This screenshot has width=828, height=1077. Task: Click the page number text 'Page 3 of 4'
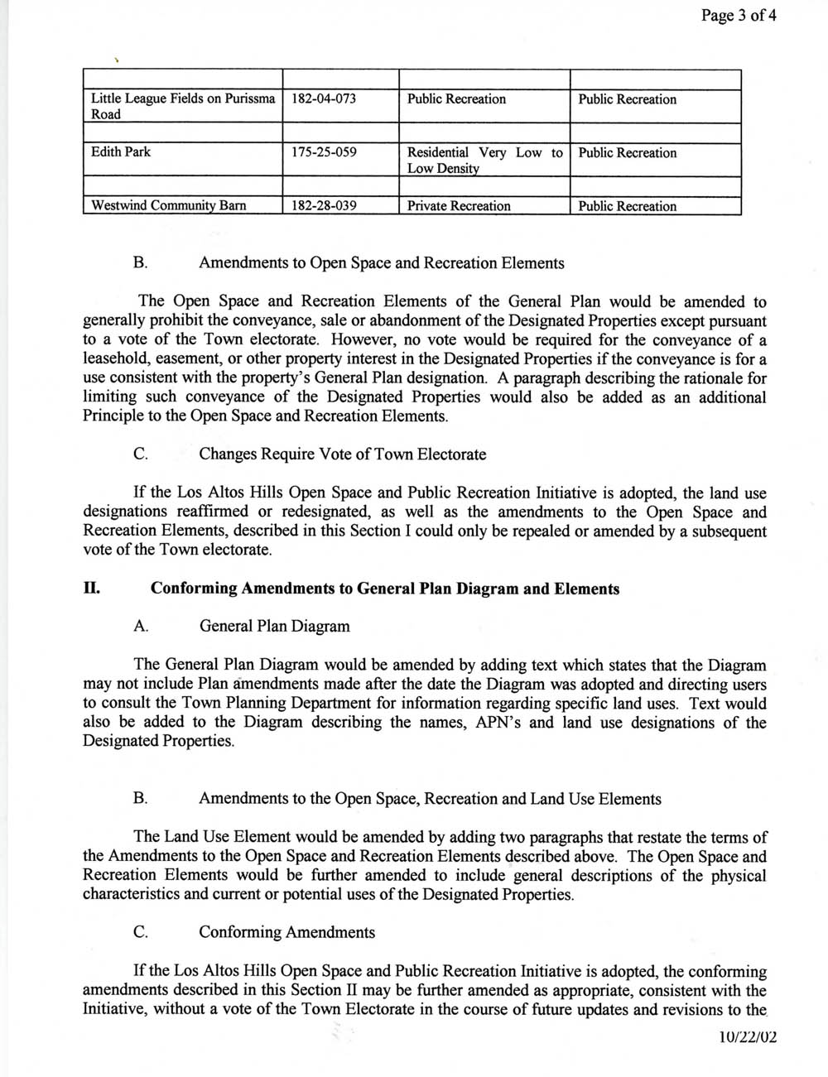(739, 16)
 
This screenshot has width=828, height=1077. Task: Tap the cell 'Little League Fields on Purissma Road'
(182, 107)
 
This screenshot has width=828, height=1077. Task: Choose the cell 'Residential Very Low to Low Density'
(484, 161)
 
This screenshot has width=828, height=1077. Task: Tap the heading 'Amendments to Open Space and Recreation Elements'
(382, 263)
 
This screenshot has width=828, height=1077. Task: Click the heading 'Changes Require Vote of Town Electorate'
(342, 454)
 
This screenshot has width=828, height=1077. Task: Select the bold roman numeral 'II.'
(91, 589)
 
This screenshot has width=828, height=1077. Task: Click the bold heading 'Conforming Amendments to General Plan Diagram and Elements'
(384, 589)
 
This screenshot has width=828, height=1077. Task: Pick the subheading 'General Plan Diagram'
(274, 626)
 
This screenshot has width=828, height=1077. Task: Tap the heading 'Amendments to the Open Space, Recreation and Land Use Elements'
(430, 799)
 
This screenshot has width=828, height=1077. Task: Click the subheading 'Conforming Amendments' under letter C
(286, 932)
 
